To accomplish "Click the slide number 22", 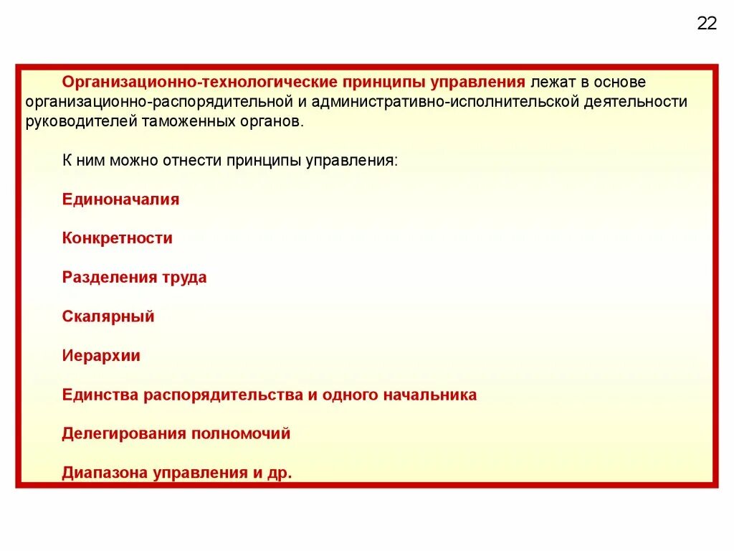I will (706, 24).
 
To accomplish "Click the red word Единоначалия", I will (120, 199).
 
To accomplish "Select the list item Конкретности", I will (118, 238).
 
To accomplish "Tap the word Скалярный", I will (108, 316).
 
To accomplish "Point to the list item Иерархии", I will (101, 356).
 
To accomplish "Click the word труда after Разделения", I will (186, 278).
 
